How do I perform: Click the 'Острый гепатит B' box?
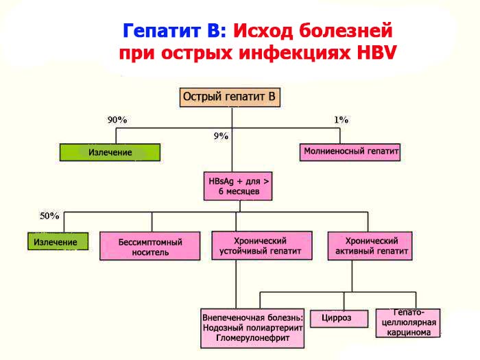point(231,97)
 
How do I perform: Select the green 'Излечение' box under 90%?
point(110,152)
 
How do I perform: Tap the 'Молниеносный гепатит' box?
point(350,152)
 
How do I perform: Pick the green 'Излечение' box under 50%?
point(58,241)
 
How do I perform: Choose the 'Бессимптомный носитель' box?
point(149,246)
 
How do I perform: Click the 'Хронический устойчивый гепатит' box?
point(261,246)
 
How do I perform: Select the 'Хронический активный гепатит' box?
point(370,246)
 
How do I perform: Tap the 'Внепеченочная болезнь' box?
point(252,328)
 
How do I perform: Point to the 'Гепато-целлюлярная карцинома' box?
point(407,322)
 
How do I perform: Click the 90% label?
point(117,120)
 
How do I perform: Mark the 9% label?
point(221,136)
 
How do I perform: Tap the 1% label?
point(341,120)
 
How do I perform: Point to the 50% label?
point(49,216)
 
